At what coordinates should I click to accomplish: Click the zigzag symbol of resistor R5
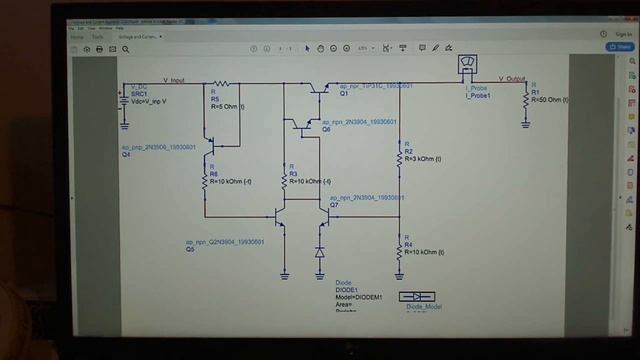[x=221, y=85]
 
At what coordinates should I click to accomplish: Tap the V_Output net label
[x=512, y=78]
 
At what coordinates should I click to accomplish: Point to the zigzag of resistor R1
[x=526, y=100]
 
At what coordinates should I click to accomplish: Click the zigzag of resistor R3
[x=284, y=174]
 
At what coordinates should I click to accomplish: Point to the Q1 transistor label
[x=343, y=93]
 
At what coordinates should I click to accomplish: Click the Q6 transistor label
[x=326, y=129]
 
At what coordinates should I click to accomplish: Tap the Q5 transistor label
[x=190, y=250]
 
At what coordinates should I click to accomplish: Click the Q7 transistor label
[x=334, y=205]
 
